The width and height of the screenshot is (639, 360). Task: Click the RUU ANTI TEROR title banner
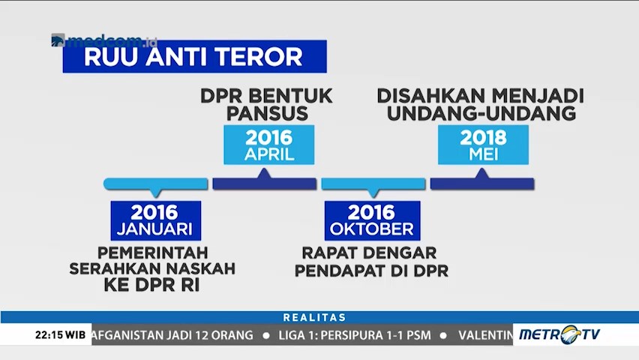point(194,56)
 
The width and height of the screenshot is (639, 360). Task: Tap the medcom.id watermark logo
point(104,40)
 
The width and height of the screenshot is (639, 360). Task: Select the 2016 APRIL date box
point(269,145)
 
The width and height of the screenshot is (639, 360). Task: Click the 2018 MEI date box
point(483,145)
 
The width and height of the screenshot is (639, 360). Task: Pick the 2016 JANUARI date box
point(156,220)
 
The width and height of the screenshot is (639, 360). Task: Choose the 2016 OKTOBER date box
point(372,220)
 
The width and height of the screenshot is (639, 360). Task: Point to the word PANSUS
point(267,114)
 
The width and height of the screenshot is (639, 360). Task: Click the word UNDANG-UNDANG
point(481,114)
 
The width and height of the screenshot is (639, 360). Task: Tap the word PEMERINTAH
point(153,253)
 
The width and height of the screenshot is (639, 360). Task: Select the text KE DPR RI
point(152,286)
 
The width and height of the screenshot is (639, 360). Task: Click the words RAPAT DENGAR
point(369,253)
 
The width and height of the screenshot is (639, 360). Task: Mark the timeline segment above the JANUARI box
point(156,184)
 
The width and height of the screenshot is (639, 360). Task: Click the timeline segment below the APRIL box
point(265,183)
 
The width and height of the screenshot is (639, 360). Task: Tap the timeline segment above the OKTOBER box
point(373,184)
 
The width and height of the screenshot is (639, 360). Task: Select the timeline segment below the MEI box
point(482,183)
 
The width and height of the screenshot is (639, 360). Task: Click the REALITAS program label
point(314,317)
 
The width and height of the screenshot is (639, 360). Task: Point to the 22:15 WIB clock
point(60,335)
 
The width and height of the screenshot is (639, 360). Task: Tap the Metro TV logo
point(559,334)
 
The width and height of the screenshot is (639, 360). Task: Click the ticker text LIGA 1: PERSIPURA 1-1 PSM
point(355,335)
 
